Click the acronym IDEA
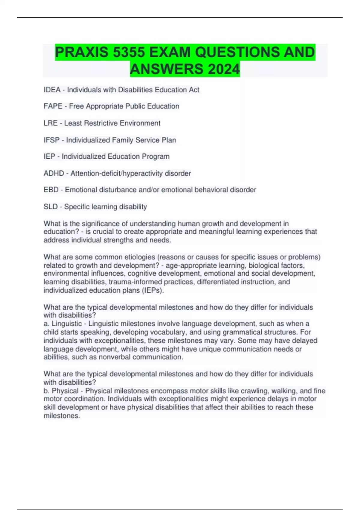point(52,90)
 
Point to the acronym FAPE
point(53,106)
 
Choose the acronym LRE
point(50,123)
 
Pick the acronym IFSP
point(52,140)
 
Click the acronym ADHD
point(54,173)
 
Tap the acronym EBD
point(51,190)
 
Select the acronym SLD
point(51,207)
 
